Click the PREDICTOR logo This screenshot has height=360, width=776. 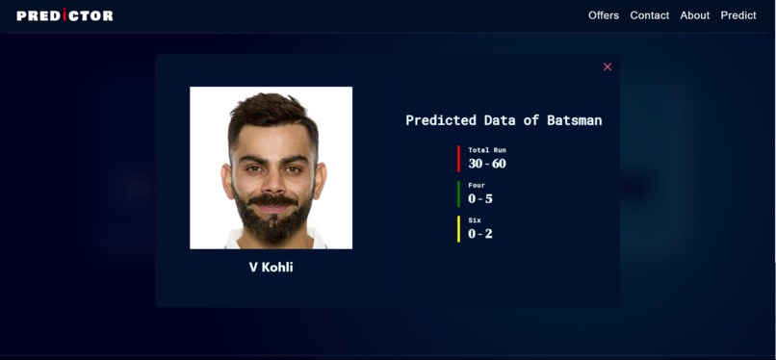coord(65,15)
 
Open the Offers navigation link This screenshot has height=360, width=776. coord(604,15)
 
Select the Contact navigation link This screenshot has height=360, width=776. coord(649,15)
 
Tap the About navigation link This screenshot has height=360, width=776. coord(694,15)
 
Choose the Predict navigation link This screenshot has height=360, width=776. coord(738,15)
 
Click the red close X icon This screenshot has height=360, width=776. coord(608,66)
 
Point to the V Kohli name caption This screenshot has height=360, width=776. coord(271,267)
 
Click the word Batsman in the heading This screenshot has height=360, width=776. coord(574,120)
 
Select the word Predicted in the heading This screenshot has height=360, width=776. coord(441,120)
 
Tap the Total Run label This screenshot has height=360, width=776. coord(487,150)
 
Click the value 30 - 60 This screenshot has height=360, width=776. coord(487,164)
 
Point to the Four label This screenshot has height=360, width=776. coord(477,185)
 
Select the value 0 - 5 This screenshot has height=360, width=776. coord(480,198)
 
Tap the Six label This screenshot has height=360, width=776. coord(475,220)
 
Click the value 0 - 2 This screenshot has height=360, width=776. coord(480,234)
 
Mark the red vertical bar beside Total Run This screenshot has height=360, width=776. coord(459,158)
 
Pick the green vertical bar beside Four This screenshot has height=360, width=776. coord(459,193)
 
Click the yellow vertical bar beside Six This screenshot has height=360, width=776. coord(459,228)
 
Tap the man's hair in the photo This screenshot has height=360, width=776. coord(272,109)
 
